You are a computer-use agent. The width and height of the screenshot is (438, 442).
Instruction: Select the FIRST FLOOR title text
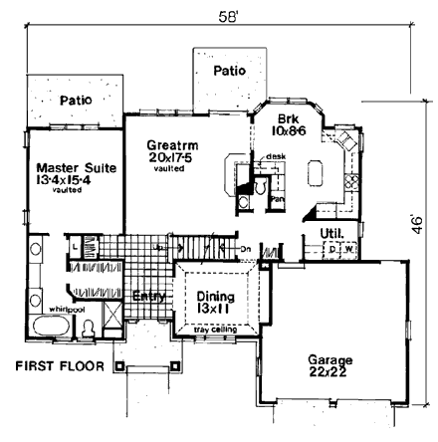click(x=60, y=366)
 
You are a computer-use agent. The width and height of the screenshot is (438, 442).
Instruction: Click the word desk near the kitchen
click(x=277, y=157)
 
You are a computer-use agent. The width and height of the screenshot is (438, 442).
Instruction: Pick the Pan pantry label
click(x=279, y=198)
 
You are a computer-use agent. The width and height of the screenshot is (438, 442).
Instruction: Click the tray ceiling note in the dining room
click(x=215, y=330)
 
